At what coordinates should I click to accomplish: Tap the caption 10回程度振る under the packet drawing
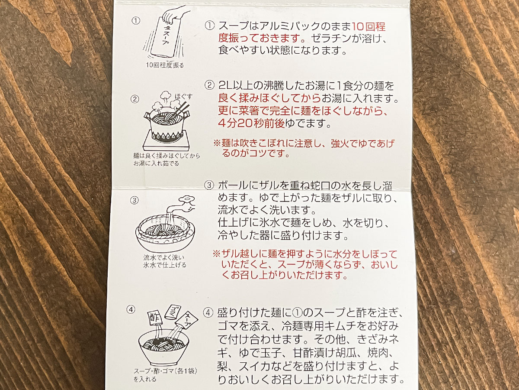(164, 65)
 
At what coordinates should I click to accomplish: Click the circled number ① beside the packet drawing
(136, 20)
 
